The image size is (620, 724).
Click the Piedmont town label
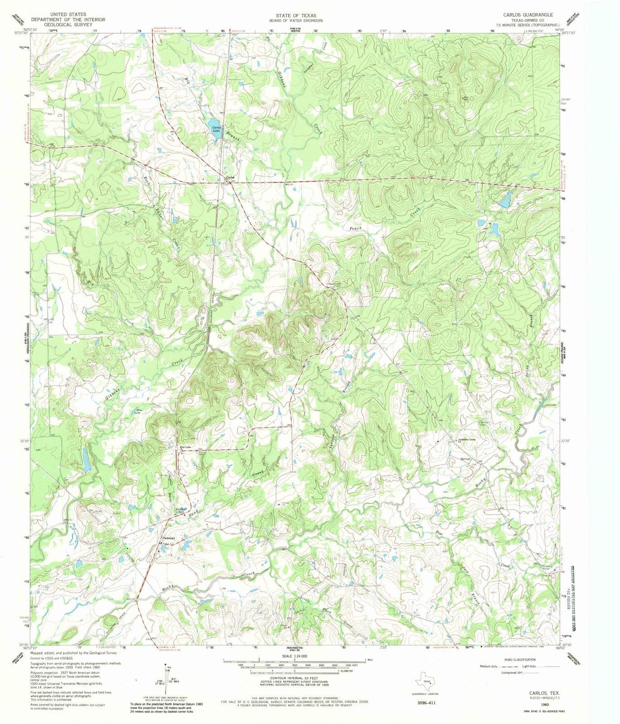click(168, 538)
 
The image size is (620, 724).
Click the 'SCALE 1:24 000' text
click(295, 656)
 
